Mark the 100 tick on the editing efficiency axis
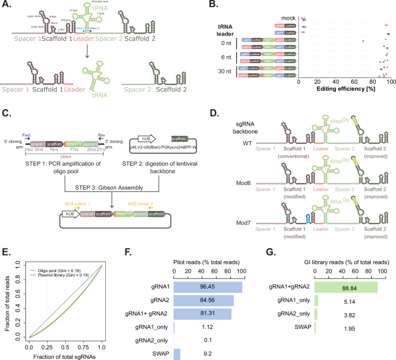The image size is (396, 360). coord(391,83)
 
